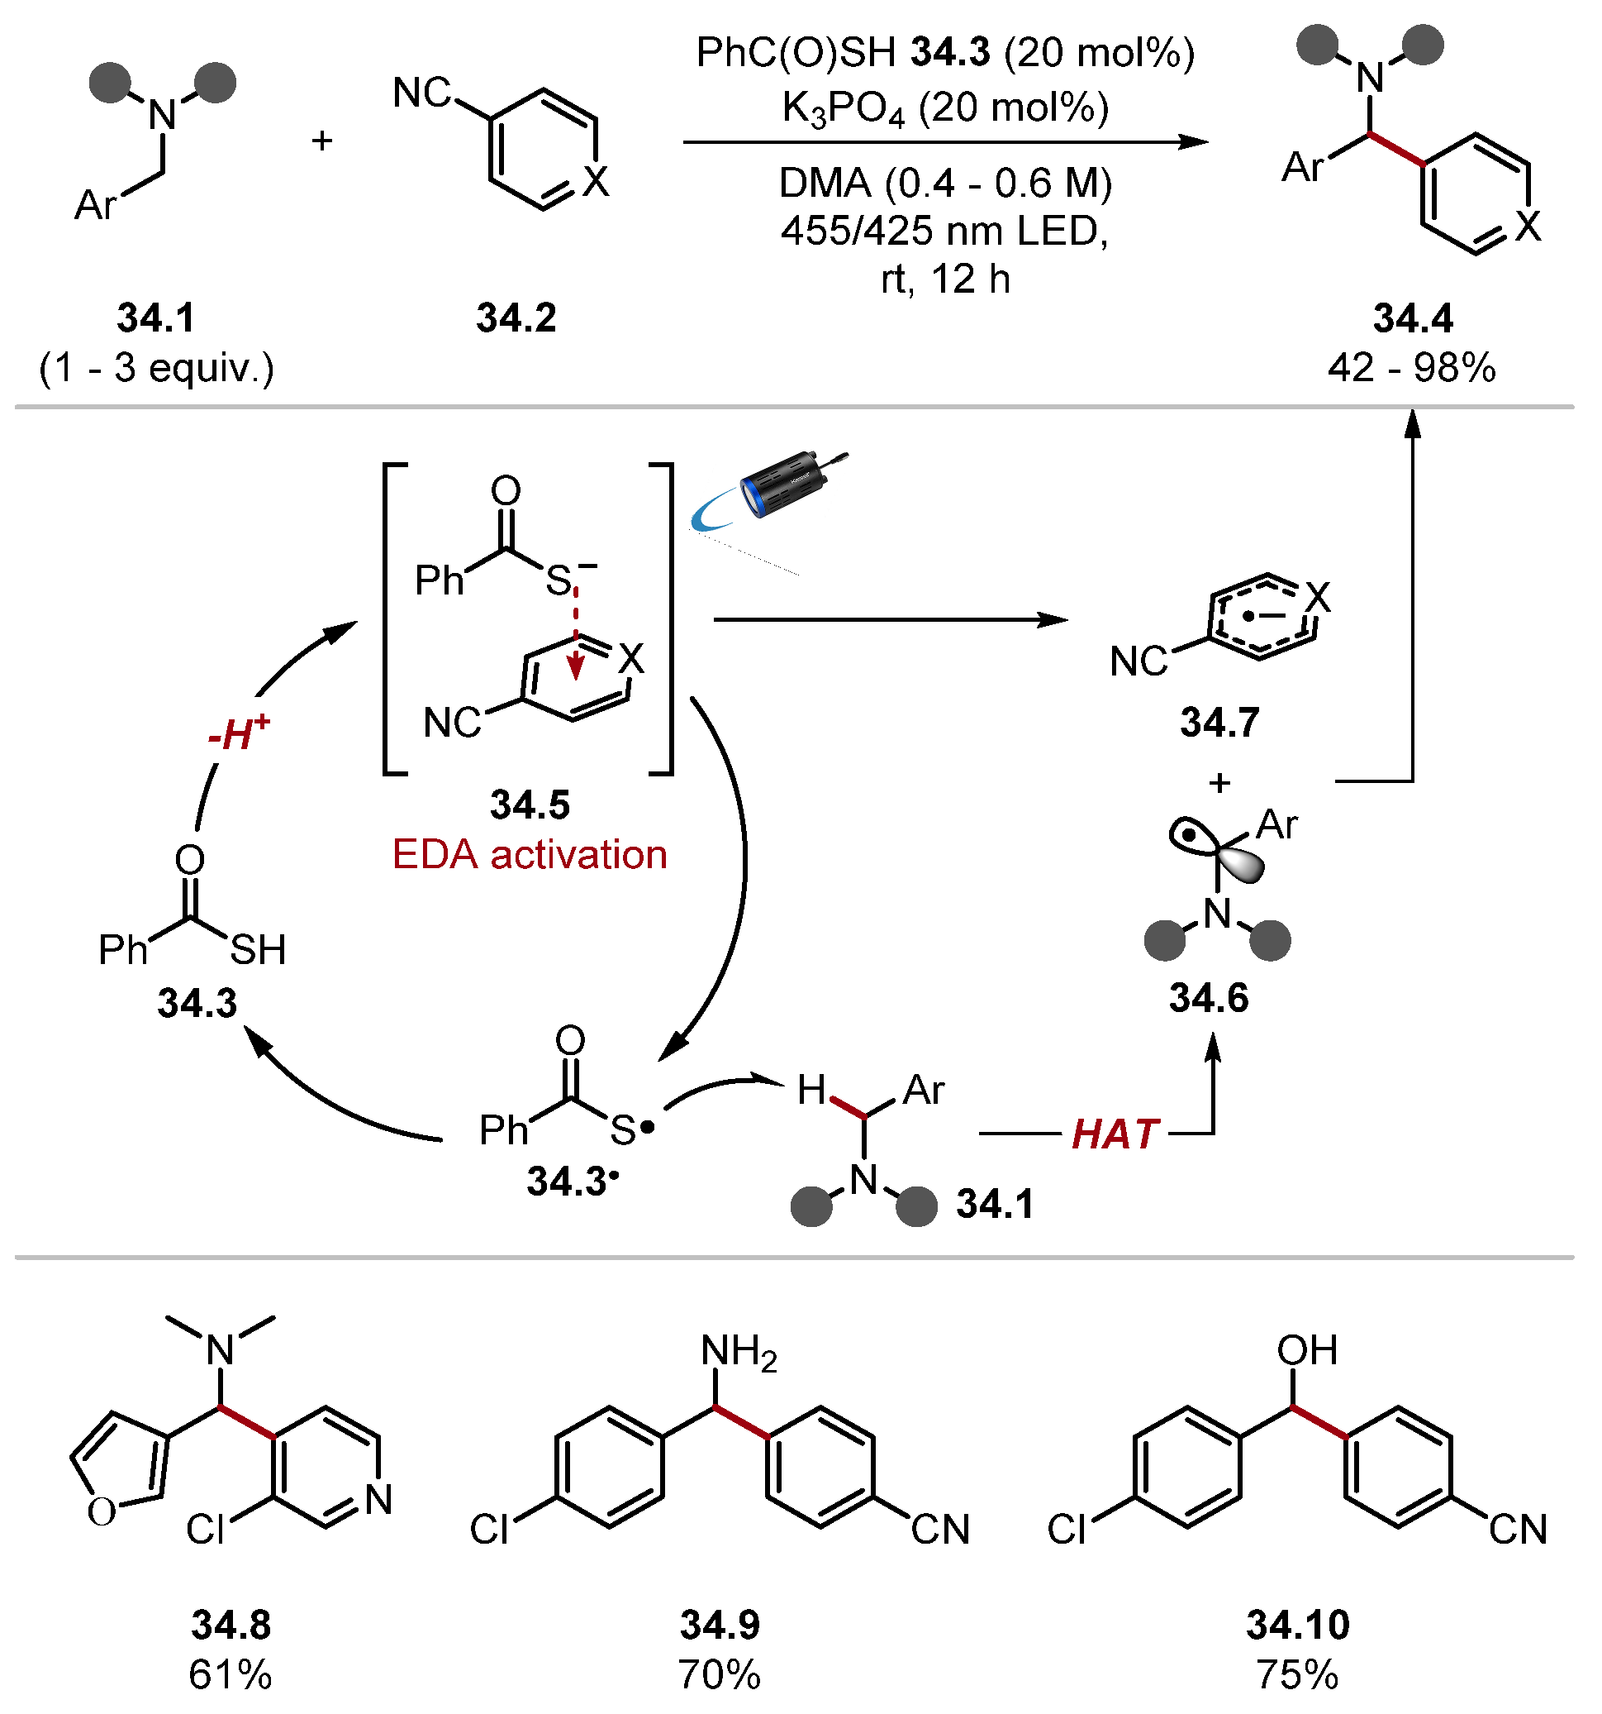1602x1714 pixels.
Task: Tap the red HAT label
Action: click(x=1115, y=1134)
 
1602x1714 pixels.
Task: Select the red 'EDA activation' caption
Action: click(x=529, y=855)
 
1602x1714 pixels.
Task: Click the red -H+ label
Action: click(x=239, y=733)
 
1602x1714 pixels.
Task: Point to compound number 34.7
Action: click(x=1219, y=722)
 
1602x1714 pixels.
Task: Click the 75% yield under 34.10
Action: click(x=1297, y=1674)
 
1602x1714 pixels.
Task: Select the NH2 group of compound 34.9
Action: click(x=738, y=1352)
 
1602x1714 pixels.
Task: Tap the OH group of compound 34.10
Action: click(x=1306, y=1350)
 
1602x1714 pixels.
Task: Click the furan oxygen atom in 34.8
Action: click(x=102, y=1511)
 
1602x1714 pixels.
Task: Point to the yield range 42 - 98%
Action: click(x=1411, y=368)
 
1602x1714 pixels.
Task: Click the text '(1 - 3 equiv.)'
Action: click(x=157, y=368)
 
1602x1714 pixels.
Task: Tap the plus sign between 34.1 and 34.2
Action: click(x=322, y=141)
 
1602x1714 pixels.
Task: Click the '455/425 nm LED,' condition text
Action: click(x=944, y=231)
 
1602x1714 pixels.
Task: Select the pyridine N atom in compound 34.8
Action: click(x=378, y=1500)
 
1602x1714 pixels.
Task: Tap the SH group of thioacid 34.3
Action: click(x=258, y=950)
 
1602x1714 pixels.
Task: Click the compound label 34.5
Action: click(x=530, y=805)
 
